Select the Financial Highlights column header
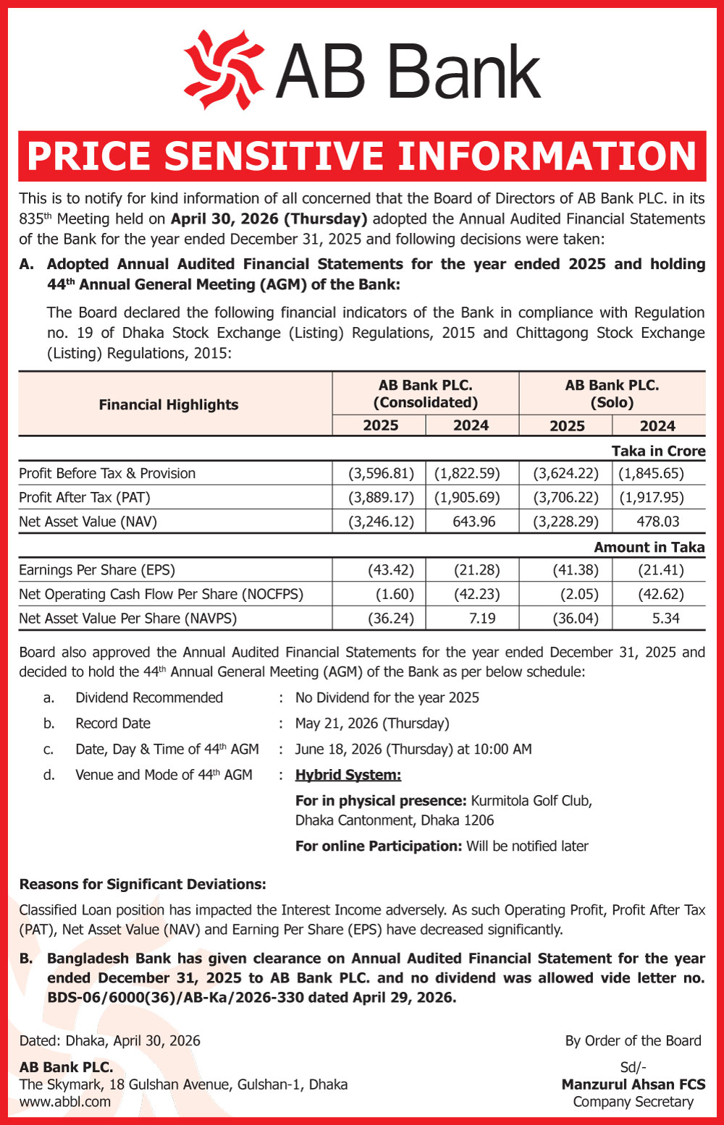coord(168,404)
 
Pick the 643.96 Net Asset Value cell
coord(473,521)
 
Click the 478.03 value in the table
coord(658,521)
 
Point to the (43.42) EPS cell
coord(391,570)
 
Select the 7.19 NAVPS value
coord(482,618)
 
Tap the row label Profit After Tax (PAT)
coord(85,497)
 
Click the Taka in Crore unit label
coord(657,451)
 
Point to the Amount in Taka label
coord(649,547)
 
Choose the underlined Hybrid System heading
coord(348,775)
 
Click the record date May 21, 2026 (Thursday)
coord(372,723)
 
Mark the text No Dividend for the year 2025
coord(387,697)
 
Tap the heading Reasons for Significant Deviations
coord(143,884)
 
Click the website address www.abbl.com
coord(65,1101)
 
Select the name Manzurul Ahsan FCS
coord(633,1084)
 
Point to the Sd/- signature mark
coord(633,1067)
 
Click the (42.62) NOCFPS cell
coord(660,594)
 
